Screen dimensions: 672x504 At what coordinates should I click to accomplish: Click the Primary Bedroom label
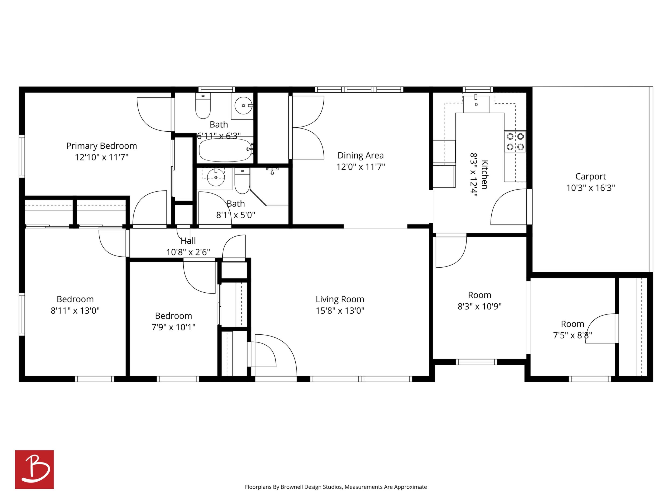[101, 146]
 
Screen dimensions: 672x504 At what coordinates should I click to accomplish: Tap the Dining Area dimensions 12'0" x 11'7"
[360, 167]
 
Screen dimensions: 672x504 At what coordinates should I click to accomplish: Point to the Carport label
[591, 177]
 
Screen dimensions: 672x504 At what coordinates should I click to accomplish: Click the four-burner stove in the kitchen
[515, 142]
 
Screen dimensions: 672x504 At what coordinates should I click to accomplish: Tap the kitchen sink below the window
[476, 104]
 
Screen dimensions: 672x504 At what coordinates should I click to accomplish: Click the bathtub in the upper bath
[225, 150]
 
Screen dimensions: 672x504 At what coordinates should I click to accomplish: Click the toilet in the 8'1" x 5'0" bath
[242, 181]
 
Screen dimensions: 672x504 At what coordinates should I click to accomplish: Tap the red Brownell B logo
[34, 469]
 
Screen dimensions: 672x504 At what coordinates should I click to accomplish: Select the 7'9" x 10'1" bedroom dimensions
[173, 327]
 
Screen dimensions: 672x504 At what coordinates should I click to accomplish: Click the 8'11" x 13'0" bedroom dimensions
[75, 310]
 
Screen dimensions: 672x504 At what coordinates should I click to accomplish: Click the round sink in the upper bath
[243, 106]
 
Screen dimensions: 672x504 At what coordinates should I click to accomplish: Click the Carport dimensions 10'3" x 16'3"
[591, 188]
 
